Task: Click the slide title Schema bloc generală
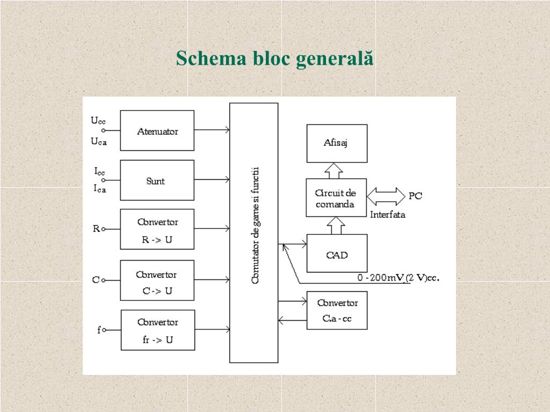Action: click(274, 58)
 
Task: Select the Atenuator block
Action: click(157, 130)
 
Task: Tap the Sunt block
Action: click(157, 180)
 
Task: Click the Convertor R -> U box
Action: click(157, 230)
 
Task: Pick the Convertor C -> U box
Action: click(157, 280)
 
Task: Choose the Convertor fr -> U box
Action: click(157, 330)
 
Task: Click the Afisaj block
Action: click(337, 143)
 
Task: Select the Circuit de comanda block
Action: click(336, 197)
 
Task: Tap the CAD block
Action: click(337, 253)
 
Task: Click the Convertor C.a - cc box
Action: click(337, 311)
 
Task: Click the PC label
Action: click(415, 196)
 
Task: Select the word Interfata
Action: click(387, 215)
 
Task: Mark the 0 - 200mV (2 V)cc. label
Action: click(399, 278)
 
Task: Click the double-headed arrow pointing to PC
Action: click(386, 196)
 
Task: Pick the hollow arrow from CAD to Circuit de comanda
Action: click(337, 225)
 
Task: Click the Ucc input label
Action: click(98, 121)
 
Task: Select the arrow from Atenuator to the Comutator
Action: click(212, 130)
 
